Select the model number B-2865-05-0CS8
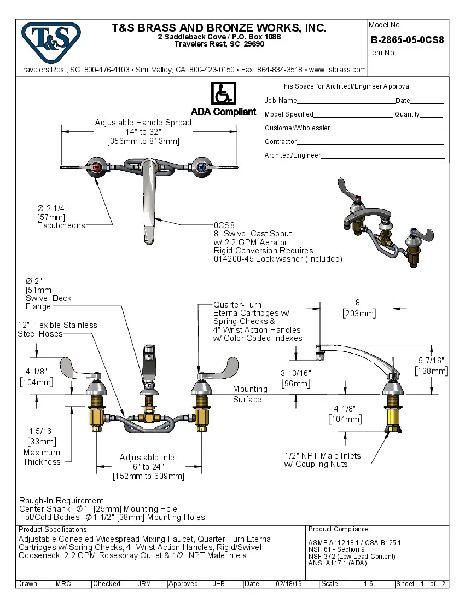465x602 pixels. point(407,40)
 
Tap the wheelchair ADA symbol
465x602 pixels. point(223,94)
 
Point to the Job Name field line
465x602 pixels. point(346,101)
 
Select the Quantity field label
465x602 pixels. point(406,114)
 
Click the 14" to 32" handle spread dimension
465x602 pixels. point(143,132)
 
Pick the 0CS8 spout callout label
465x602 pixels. point(224,225)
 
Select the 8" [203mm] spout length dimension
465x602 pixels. point(359,308)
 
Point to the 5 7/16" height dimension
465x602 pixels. point(432,366)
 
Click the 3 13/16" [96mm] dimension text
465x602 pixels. point(295,378)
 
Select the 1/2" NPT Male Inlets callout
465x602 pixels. point(322,460)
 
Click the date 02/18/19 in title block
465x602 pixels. point(288,584)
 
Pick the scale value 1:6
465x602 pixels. point(368,584)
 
